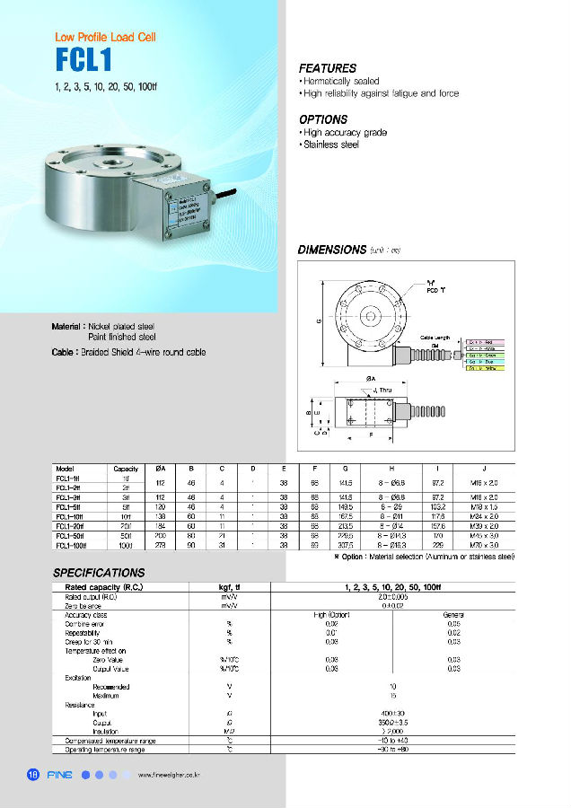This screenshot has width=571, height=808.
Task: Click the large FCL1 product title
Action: point(83,61)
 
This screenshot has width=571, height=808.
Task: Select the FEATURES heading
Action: point(327,68)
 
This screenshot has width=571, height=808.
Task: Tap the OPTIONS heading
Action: point(322,119)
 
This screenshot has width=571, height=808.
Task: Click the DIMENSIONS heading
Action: point(331,250)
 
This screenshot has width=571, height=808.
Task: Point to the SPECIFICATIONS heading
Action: point(99,572)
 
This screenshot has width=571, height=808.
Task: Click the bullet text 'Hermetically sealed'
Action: point(341,81)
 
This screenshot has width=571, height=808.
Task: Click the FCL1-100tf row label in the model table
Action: point(69,546)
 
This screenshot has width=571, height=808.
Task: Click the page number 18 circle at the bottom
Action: point(33,775)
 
